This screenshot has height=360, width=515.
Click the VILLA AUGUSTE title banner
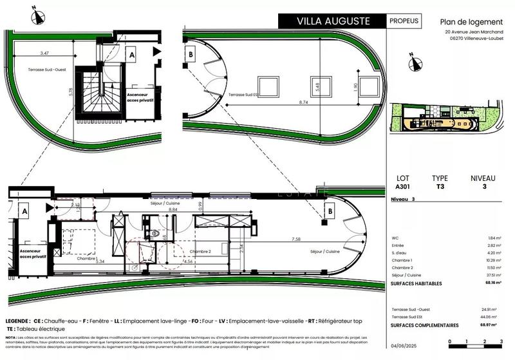333,21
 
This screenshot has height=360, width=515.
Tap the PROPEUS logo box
404,21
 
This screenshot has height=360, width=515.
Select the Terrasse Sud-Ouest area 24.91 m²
492,310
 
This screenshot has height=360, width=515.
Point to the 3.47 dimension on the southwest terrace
44,53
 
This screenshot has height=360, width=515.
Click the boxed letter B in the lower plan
328,211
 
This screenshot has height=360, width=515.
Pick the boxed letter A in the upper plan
131,56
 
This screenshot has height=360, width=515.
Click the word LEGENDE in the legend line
16,321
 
